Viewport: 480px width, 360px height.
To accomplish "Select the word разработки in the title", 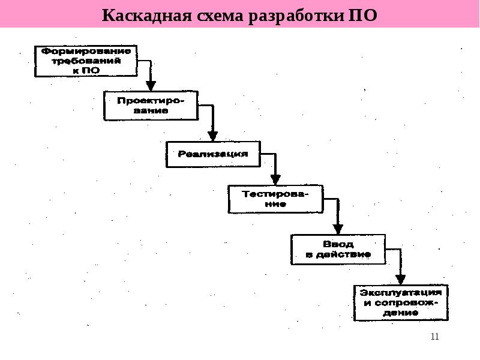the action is pyautogui.click(x=296, y=17).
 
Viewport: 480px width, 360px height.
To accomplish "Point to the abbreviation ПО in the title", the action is pyautogui.click(x=363, y=16).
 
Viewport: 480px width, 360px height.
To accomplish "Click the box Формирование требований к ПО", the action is pyautogui.click(x=86, y=61).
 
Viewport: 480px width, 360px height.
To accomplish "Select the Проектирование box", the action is pyautogui.click(x=151, y=106).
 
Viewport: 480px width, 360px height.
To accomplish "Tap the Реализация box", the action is pyautogui.click(x=213, y=154).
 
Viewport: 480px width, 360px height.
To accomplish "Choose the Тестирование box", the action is pyautogui.click(x=275, y=199).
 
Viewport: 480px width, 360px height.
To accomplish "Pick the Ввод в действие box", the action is pyautogui.click(x=338, y=249).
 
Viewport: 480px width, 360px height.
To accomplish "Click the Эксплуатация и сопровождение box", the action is pyautogui.click(x=401, y=303).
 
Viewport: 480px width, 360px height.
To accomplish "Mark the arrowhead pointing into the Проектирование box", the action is pyautogui.click(x=151, y=86).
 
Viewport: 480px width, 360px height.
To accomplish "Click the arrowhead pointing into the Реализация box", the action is pyautogui.click(x=213, y=136).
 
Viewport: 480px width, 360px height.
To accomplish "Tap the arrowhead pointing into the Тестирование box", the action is pyautogui.click(x=275, y=180).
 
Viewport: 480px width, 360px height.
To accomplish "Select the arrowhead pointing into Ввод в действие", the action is pyautogui.click(x=338, y=230).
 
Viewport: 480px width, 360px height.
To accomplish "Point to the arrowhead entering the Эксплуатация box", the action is pyautogui.click(x=400, y=280).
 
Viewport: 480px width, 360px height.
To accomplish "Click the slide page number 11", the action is pyautogui.click(x=434, y=337).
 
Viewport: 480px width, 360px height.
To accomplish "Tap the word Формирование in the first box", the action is pyautogui.click(x=86, y=51).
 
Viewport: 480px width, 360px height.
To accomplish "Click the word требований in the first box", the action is pyautogui.click(x=86, y=61).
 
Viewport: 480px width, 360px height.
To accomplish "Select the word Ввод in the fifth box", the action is pyautogui.click(x=338, y=244).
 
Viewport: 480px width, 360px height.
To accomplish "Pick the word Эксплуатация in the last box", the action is pyautogui.click(x=401, y=293).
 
